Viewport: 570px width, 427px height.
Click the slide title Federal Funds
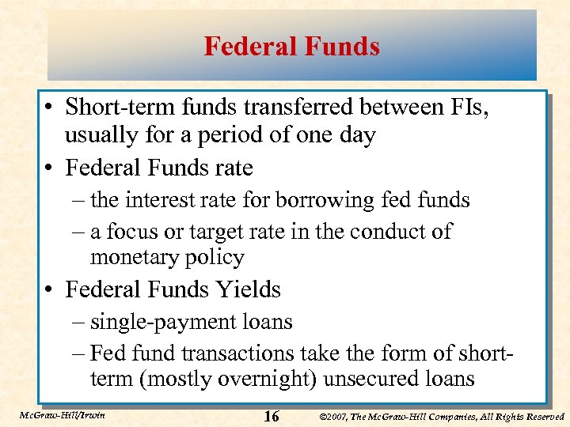291,47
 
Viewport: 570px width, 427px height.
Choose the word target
225,232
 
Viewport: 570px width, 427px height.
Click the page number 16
271,416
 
